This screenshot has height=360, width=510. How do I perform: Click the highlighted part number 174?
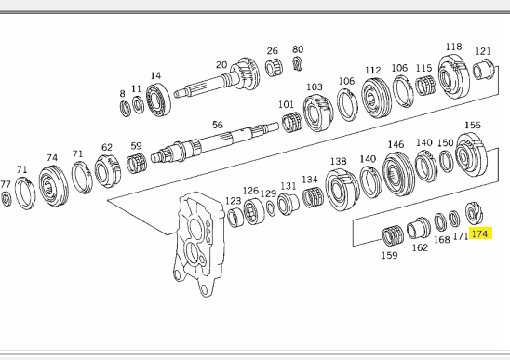[x=479, y=233]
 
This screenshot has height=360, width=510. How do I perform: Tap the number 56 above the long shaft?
[x=218, y=125]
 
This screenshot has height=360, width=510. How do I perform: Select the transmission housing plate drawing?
[x=198, y=244]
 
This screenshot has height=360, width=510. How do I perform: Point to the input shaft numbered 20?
[x=217, y=78]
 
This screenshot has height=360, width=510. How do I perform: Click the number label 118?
[x=453, y=47]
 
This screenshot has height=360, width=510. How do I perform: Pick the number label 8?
[x=122, y=94]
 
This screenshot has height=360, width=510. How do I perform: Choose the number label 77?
[x=6, y=184]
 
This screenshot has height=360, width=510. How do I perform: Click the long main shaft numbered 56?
[x=215, y=142]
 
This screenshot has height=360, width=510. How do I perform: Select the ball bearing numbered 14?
[x=158, y=100]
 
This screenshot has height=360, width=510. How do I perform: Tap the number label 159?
[x=389, y=255]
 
